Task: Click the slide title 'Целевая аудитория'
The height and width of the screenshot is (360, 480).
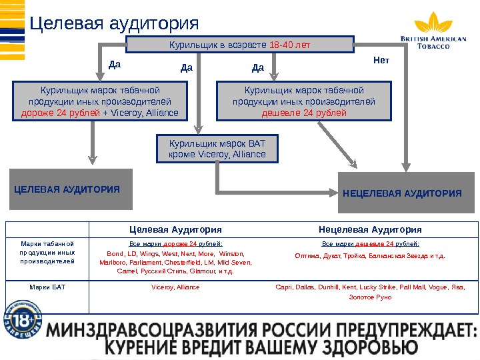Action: [x=115, y=23]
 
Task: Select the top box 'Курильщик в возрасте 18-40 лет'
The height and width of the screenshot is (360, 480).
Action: [x=240, y=45]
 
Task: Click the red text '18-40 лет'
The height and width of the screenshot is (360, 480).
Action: [x=290, y=45]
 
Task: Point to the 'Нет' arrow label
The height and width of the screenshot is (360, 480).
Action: [x=381, y=61]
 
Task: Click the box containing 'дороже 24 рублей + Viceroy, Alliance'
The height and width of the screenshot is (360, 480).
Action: [x=100, y=101]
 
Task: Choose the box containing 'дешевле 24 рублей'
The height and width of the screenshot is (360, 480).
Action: [x=303, y=101]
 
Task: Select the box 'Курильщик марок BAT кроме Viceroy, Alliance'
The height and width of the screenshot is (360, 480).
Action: [x=217, y=149]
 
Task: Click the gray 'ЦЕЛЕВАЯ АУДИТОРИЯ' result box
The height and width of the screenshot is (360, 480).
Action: [x=71, y=189]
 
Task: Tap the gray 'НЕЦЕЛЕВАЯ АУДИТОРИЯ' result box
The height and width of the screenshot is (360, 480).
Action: [x=402, y=193]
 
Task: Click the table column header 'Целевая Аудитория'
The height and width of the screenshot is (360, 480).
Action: [x=175, y=229]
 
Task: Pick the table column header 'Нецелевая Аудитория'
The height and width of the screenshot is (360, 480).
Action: [x=370, y=229]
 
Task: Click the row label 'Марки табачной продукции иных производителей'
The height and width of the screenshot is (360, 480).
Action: [x=47, y=253]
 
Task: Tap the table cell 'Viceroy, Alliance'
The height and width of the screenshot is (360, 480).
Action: [x=175, y=287]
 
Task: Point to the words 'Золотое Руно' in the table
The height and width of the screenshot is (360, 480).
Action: [x=370, y=297]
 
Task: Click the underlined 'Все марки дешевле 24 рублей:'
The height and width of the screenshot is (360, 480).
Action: [x=370, y=244]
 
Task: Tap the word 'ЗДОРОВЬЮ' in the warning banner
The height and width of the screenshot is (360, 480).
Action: [x=364, y=348]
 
